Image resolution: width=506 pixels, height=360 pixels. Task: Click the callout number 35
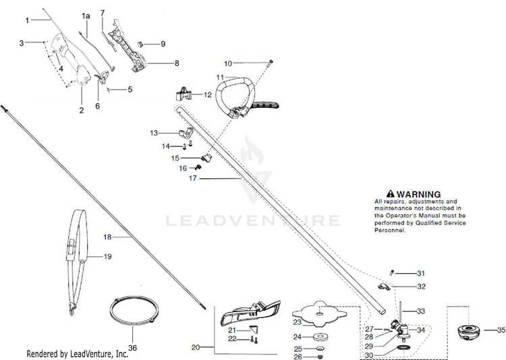[499, 330]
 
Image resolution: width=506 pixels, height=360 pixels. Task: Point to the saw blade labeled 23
[318, 313]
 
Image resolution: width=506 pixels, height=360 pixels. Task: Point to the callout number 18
[107, 237]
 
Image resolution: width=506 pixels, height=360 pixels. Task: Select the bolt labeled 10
[269, 62]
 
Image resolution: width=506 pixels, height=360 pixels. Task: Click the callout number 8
[177, 63]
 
